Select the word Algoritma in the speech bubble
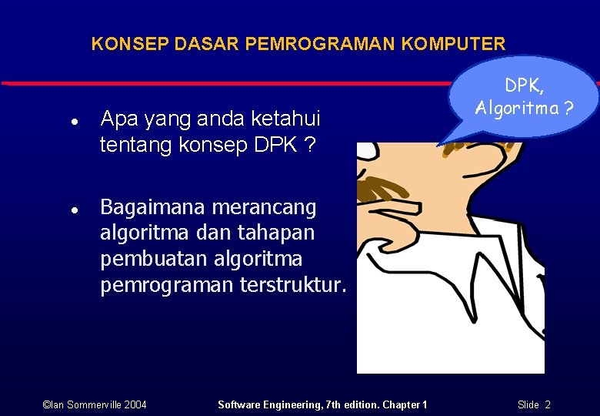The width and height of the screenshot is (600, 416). (516, 108)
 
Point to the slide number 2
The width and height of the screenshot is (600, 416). (548, 404)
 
